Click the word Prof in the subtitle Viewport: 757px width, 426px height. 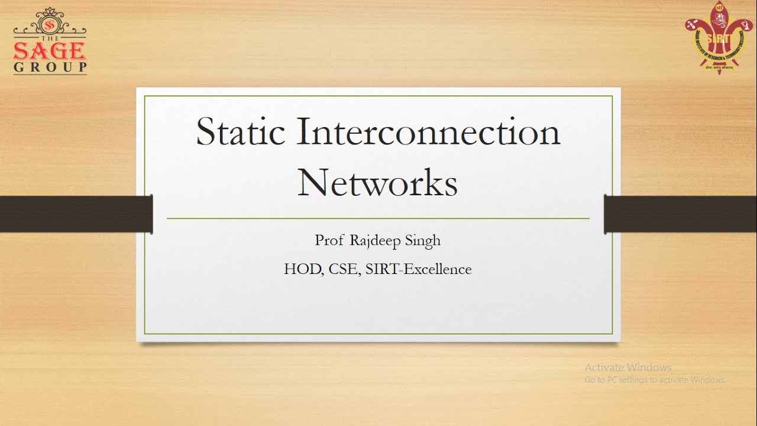point(328,241)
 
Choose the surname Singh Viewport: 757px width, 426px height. point(422,241)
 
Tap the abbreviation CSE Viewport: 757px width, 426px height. point(344,269)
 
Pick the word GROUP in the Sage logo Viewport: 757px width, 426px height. point(50,67)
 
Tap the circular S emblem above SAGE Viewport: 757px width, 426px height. point(50,25)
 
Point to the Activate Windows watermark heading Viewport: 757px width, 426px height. point(628,367)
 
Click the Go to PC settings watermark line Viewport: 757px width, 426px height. point(655,380)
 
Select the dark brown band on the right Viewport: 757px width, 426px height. point(680,213)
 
